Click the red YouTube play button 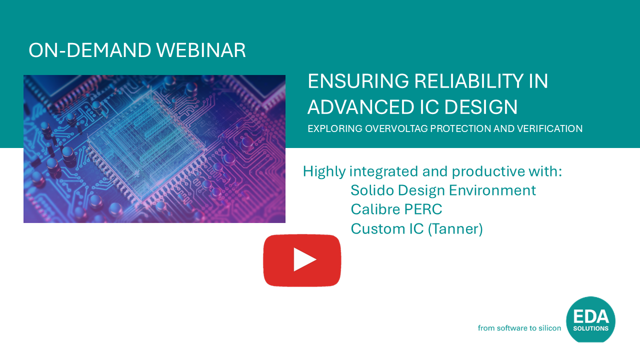[x=302, y=260]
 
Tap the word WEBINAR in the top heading [x=201, y=50]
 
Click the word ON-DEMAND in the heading [x=89, y=50]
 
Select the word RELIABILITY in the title [x=469, y=81]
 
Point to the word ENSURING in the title [x=358, y=81]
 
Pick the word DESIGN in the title [x=481, y=107]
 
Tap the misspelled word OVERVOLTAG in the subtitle [x=396, y=128]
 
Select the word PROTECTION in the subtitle [x=460, y=128]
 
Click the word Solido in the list [x=372, y=190]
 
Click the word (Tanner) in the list [x=455, y=229]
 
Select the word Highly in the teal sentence [x=324, y=172]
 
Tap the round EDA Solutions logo [x=590, y=319]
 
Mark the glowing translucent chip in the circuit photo [x=145, y=145]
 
